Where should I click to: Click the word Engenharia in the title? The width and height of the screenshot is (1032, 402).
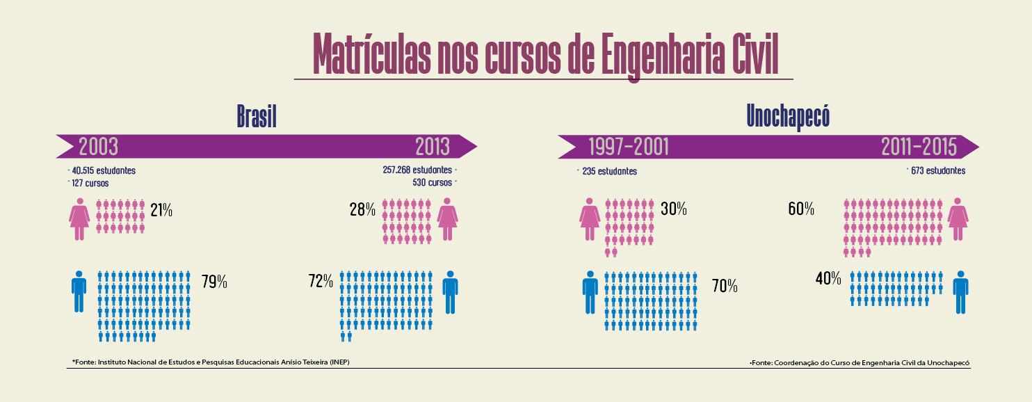tap(656, 54)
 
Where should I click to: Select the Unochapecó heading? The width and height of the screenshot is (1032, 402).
tap(788, 116)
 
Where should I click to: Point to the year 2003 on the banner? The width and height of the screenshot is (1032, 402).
tap(98, 147)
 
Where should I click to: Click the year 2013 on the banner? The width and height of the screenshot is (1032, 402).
tap(433, 147)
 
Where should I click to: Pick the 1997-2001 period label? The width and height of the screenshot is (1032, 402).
tap(629, 147)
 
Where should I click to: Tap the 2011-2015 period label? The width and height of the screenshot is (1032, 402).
tap(919, 147)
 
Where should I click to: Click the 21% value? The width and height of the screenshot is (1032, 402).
tap(161, 209)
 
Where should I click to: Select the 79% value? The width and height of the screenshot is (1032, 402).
tap(214, 282)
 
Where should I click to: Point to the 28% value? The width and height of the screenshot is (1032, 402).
tap(362, 209)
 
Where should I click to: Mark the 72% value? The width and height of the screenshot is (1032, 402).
tap(322, 282)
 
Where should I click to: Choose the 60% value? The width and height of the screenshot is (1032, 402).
tap(801, 209)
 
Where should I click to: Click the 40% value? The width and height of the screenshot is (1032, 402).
tap(828, 279)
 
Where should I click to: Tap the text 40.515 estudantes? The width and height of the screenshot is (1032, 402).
tap(103, 170)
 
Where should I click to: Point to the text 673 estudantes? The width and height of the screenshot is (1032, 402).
tap(937, 171)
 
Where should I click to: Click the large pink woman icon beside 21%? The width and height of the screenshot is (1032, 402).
tap(80, 219)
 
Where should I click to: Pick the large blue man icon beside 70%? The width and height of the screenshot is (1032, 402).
tap(590, 292)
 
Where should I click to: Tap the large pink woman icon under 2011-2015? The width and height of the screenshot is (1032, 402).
tap(958, 219)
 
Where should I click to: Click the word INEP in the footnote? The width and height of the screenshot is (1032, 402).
tap(339, 362)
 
